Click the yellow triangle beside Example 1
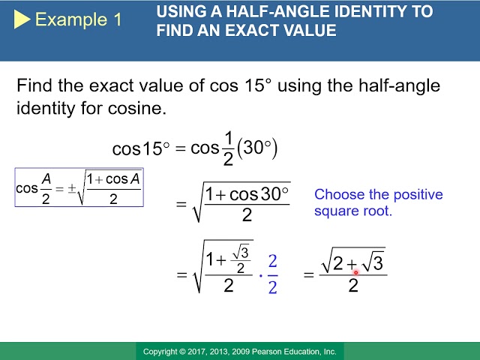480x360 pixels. pyautogui.click(x=22, y=19)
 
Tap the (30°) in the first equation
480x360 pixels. pyautogui.click(x=257, y=148)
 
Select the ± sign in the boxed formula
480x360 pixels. pyautogui.click(x=71, y=188)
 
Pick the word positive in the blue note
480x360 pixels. pyautogui.click(x=418, y=195)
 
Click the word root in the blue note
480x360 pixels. pyautogui.click(x=378, y=211)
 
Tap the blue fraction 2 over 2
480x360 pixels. pyautogui.click(x=272, y=274)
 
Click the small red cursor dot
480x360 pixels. pyautogui.click(x=356, y=272)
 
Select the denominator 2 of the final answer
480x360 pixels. pyautogui.click(x=353, y=286)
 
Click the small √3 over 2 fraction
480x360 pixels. pyautogui.click(x=241, y=260)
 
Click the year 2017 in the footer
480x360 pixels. pyautogui.click(x=197, y=352)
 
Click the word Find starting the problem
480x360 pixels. pyautogui.click(x=34, y=85)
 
